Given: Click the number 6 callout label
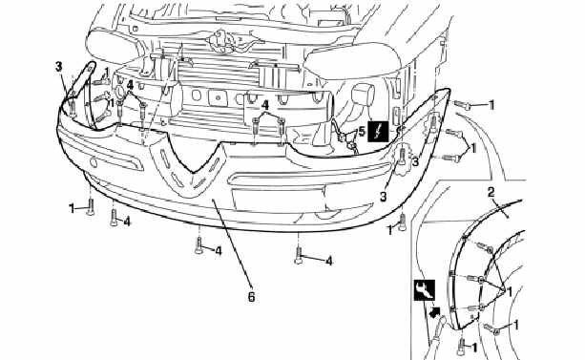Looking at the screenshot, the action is [251, 297].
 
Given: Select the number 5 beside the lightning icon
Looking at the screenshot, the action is [362, 132].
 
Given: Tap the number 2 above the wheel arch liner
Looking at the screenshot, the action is [491, 192].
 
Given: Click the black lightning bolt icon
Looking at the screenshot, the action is [379, 132].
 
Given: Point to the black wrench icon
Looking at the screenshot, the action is [425, 290].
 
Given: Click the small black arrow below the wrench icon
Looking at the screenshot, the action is [434, 312].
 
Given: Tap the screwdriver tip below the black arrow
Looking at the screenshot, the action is [441, 322].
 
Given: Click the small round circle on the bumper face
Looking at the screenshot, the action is [94, 162].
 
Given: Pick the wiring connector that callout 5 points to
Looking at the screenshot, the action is [347, 141].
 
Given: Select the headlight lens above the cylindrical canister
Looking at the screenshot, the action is [351, 60].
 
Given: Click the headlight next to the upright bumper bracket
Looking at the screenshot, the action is [113, 46].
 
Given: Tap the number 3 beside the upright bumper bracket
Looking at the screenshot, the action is [58, 67].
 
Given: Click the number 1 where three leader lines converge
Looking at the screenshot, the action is [510, 291].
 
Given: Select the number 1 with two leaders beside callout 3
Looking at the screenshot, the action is [473, 148].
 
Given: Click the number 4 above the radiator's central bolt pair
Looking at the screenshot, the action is [264, 105].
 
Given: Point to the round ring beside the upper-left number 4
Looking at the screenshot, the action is [121, 91].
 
